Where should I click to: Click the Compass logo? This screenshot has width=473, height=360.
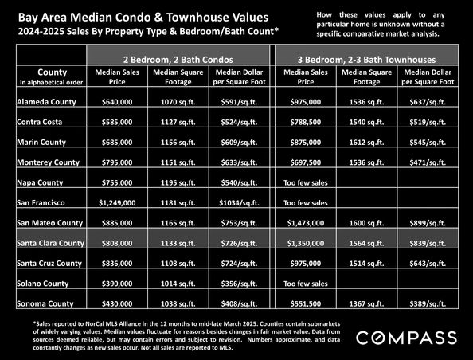(x=406, y=338)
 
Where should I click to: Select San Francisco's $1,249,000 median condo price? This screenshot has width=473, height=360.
(x=117, y=203)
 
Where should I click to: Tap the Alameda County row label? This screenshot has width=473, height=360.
(x=46, y=102)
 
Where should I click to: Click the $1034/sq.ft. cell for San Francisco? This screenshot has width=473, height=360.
(x=239, y=203)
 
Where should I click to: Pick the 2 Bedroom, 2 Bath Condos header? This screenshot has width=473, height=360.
(x=178, y=60)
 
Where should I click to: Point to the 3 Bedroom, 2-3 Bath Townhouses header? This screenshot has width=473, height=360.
(x=366, y=60)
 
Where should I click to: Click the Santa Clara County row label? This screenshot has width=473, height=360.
(x=51, y=243)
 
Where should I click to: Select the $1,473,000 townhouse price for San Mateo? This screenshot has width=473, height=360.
(x=306, y=223)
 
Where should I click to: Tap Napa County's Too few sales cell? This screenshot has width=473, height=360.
(x=306, y=182)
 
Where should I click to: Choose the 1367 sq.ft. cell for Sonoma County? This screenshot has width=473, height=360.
(x=366, y=303)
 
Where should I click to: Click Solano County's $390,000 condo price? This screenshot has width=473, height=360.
(x=117, y=284)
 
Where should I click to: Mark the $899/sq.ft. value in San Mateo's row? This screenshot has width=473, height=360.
(x=428, y=223)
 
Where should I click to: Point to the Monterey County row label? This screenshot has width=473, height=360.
(x=49, y=162)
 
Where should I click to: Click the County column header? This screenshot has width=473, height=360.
(x=53, y=72)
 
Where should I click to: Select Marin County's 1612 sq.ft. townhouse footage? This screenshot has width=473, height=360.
(x=366, y=142)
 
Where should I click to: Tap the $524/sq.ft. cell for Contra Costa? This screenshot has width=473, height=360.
(x=239, y=122)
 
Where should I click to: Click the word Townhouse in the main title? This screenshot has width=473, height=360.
(x=195, y=18)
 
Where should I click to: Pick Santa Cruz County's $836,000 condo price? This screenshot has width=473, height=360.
(x=117, y=263)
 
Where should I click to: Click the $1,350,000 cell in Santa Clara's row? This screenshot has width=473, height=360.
(x=306, y=243)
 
